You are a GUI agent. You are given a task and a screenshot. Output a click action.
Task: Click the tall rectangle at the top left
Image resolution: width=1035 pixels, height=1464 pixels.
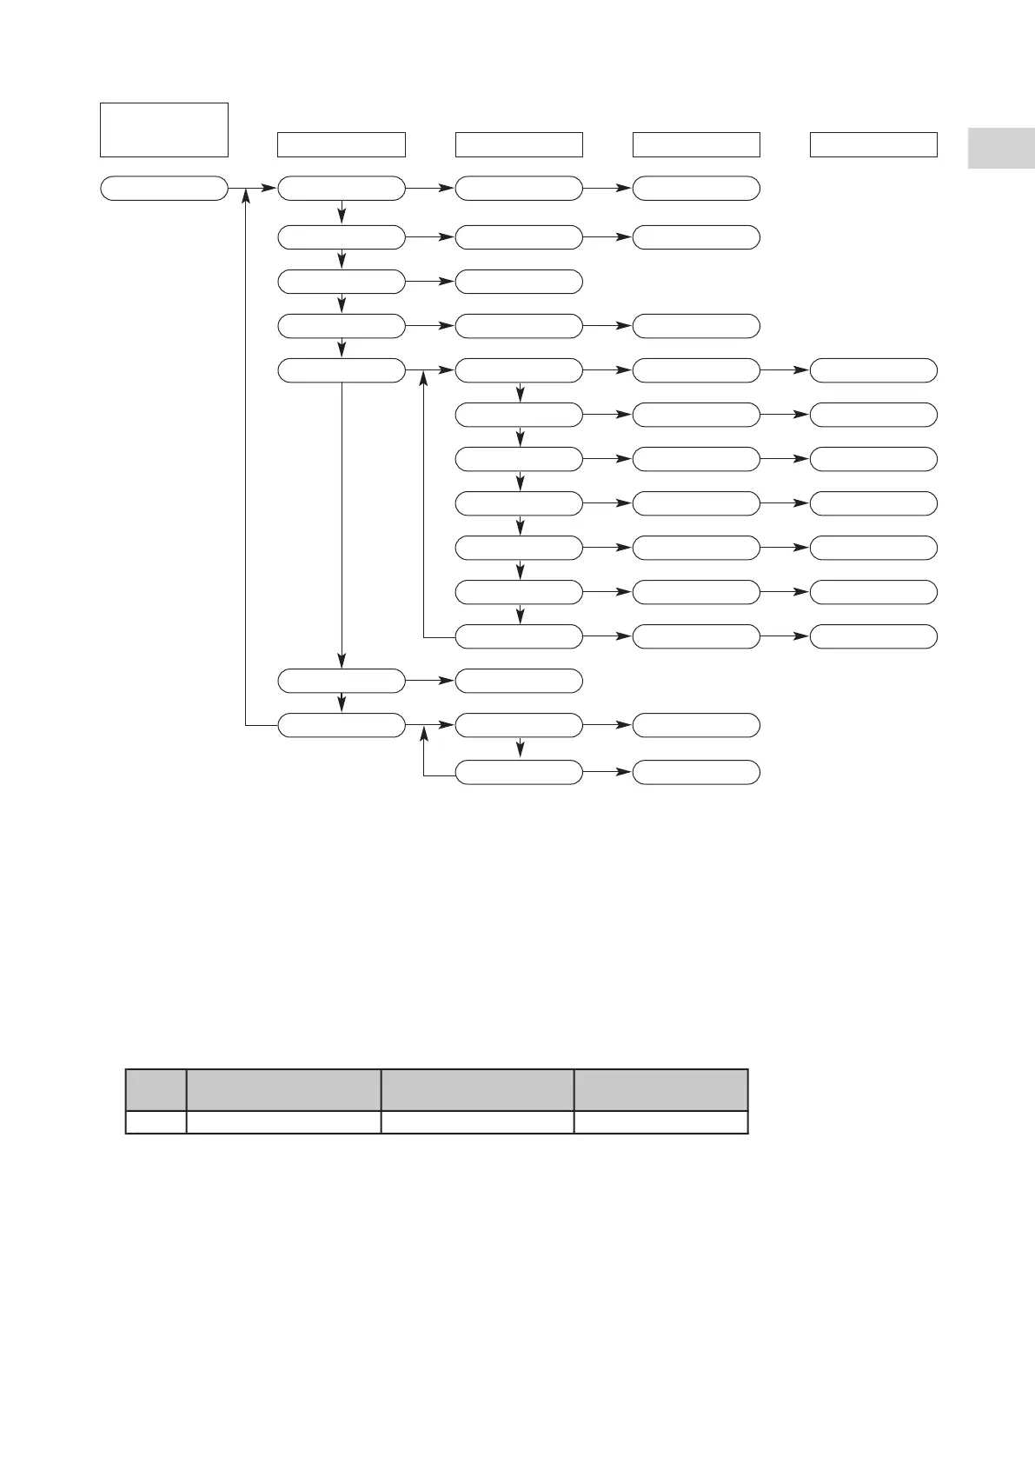tap(163, 130)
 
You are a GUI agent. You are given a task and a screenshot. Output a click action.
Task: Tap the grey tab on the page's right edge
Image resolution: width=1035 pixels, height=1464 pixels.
tap(1001, 148)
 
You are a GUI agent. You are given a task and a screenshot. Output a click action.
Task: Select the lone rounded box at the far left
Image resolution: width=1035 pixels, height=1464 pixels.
tap(163, 188)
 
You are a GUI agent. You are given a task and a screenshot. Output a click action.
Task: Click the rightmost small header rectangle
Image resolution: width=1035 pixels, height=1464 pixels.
tap(872, 144)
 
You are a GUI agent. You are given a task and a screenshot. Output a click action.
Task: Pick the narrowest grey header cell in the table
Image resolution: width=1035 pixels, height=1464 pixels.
tap(156, 1090)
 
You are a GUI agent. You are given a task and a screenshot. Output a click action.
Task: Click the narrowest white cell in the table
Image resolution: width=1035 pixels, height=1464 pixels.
tap(156, 1122)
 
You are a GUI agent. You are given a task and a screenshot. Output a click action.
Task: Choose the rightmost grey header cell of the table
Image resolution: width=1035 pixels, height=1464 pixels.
tap(660, 1090)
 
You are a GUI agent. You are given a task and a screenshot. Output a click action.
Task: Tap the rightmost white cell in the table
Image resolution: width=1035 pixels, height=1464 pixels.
tap(660, 1122)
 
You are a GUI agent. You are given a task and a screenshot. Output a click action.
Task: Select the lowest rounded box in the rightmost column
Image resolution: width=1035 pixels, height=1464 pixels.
tap(872, 636)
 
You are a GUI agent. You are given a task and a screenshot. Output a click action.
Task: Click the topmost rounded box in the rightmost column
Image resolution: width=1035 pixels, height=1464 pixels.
tap(872, 370)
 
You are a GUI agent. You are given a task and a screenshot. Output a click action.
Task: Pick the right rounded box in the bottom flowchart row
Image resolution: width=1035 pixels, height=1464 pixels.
tap(695, 772)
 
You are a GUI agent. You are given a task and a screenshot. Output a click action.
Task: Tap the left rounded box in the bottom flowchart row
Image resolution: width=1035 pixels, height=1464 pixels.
tap(519, 772)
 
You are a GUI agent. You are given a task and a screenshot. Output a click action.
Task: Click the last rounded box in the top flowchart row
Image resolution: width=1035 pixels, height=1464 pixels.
tap(695, 188)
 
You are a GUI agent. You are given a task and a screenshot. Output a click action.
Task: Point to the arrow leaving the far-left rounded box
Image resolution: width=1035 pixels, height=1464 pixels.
tap(252, 188)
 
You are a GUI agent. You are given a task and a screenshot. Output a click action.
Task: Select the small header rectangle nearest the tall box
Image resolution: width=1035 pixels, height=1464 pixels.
tap(341, 144)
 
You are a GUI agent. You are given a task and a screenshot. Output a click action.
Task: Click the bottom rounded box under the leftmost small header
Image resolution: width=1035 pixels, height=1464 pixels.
tap(341, 725)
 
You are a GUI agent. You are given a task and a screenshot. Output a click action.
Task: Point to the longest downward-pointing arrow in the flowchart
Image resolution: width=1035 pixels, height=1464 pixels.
tap(342, 522)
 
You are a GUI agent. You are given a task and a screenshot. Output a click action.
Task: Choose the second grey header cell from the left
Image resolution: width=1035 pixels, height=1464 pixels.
tap(284, 1090)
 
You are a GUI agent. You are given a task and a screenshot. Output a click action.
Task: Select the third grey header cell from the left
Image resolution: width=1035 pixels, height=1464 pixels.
tap(477, 1090)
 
